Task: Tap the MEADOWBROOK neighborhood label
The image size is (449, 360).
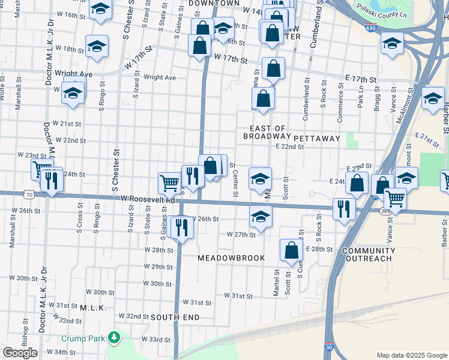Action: (x=231, y=257)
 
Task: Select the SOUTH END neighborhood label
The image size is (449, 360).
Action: (x=174, y=317)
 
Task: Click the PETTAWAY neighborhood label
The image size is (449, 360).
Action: (x=317, y=138)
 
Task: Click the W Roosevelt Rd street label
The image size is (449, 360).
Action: (x=147, y=198)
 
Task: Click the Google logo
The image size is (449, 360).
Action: (x=20, y=352)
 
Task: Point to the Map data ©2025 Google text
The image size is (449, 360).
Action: (x=411, y=355)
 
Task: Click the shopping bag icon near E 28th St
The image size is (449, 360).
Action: (x=291, y=251)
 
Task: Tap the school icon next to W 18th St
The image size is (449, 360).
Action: (x=96, y=47)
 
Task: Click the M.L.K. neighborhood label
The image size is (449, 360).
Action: (x=93, y=308)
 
